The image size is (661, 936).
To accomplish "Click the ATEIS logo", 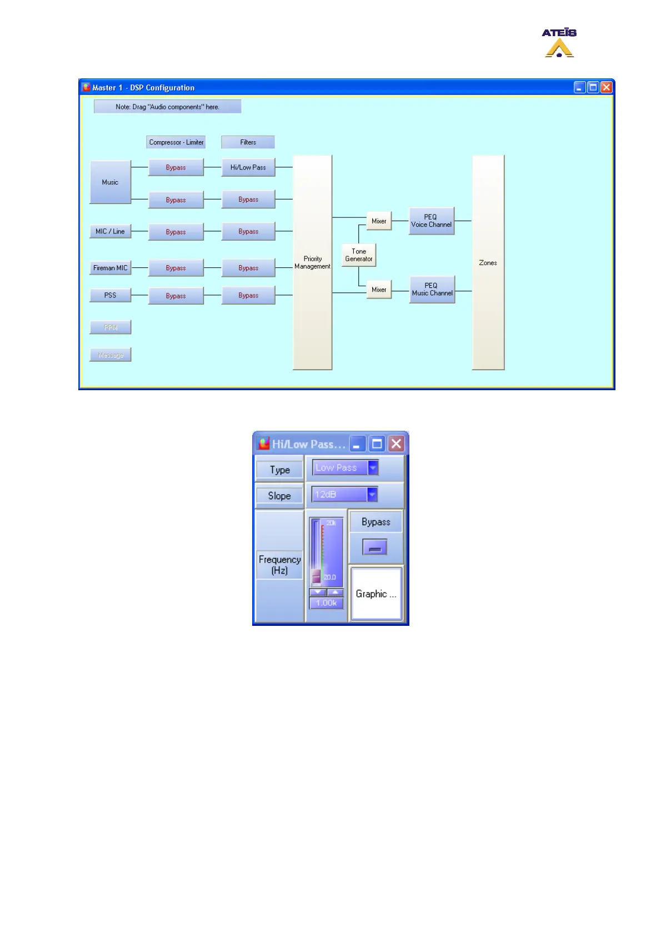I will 559,43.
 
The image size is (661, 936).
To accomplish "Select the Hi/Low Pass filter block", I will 248,167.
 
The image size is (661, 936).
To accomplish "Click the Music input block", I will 110,182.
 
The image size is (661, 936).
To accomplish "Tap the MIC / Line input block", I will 110,231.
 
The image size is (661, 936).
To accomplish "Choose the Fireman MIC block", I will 110,268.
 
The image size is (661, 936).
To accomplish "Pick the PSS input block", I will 110,295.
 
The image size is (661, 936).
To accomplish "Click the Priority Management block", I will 312,262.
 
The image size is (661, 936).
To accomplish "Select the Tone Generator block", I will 359,255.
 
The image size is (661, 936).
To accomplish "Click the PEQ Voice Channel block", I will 432,221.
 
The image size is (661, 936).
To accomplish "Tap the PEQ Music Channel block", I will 432,290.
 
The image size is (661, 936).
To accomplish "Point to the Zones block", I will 488,262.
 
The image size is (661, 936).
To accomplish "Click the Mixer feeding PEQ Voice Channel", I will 379,221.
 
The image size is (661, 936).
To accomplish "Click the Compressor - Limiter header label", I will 176,142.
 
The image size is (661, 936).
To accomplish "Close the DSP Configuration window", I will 607,87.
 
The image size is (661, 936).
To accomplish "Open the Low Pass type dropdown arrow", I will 373,468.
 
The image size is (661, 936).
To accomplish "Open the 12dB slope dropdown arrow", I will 372,494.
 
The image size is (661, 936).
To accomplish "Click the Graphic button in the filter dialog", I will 376,594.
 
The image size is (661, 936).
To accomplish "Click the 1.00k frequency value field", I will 327,603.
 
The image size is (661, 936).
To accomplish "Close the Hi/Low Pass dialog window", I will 396,444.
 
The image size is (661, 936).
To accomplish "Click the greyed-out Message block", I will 111,355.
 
